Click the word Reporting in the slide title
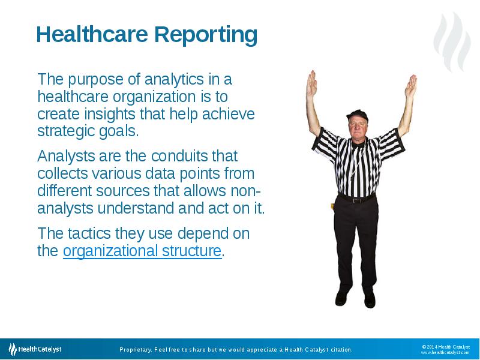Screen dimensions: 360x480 coord(205,35)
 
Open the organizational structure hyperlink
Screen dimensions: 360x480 coord(142,251)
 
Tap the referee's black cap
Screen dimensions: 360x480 coord(357,114)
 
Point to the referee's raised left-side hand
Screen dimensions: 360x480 coord(311,84)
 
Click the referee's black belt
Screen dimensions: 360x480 coord(356,198)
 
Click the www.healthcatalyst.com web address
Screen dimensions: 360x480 coord(445,353)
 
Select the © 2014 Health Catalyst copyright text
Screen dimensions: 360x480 coord(445,346)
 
